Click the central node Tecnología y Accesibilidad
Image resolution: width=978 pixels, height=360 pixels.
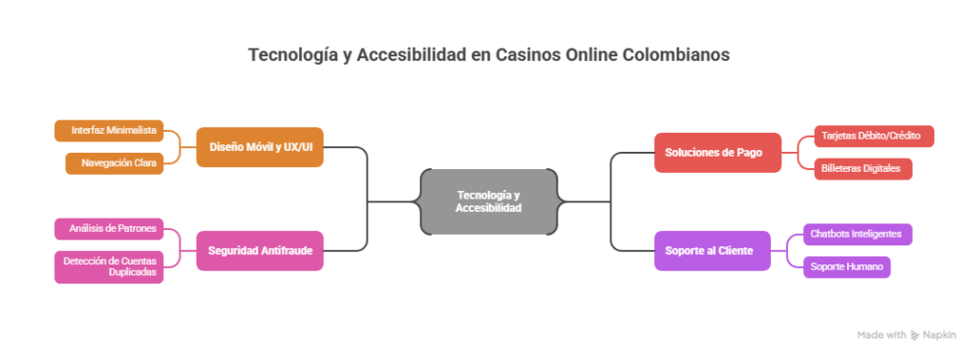488,201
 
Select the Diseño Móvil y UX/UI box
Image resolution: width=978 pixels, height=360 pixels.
260,147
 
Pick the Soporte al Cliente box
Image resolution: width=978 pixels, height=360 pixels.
712,251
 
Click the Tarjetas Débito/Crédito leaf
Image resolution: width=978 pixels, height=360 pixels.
871,136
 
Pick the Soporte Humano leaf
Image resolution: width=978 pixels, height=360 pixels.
846,266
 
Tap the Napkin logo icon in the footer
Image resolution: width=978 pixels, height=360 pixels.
914,335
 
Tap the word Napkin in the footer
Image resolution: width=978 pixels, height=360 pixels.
939,335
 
